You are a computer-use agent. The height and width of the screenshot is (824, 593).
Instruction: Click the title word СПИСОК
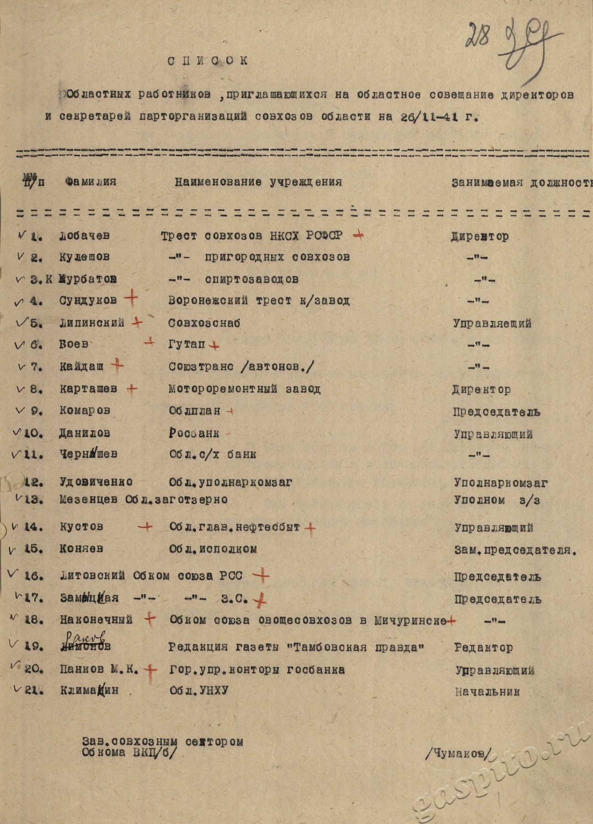click(x=207, y=61)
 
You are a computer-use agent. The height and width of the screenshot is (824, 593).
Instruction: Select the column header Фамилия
click(x=91, y=182)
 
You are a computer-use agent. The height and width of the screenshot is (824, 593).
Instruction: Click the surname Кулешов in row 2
click(x=84, y=257)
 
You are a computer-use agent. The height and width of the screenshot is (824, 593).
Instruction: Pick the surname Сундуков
click(x=88, y=301)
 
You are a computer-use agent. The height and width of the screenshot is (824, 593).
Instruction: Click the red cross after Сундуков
click(x=131, y=299)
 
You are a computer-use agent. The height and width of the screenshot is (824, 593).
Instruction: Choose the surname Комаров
click(x=85, y=411)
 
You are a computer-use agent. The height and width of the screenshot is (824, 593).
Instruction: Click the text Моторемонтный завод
click(x=245, y=389)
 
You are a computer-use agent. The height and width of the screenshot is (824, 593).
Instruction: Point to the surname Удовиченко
click(x=96, y=482)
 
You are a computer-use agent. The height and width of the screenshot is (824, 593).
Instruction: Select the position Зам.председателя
click(x=515, y=550)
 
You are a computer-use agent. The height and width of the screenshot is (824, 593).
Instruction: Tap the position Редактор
click(x=484, y=648)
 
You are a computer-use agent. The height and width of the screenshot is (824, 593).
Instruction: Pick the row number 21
click(x=34, y=691)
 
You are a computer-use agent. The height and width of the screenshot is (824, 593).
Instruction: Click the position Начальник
click(x=488, y=692)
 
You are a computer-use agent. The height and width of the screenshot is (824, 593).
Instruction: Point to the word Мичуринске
click(x=410, y=621)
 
